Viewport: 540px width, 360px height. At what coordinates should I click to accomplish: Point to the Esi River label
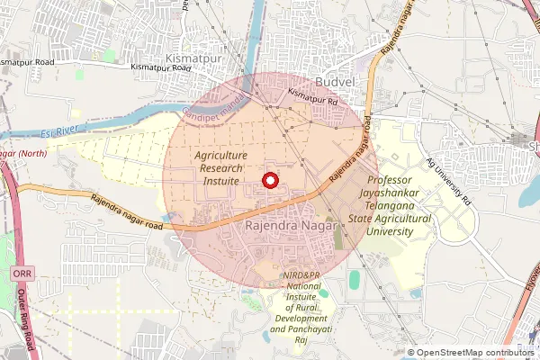(56, 133)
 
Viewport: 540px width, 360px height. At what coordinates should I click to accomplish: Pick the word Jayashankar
(414, 193)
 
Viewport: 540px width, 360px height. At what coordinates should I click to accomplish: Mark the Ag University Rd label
(449, 183)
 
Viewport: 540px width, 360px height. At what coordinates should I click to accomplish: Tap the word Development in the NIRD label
(300, 319)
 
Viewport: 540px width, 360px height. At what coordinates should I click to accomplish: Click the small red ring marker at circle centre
(268, 181)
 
